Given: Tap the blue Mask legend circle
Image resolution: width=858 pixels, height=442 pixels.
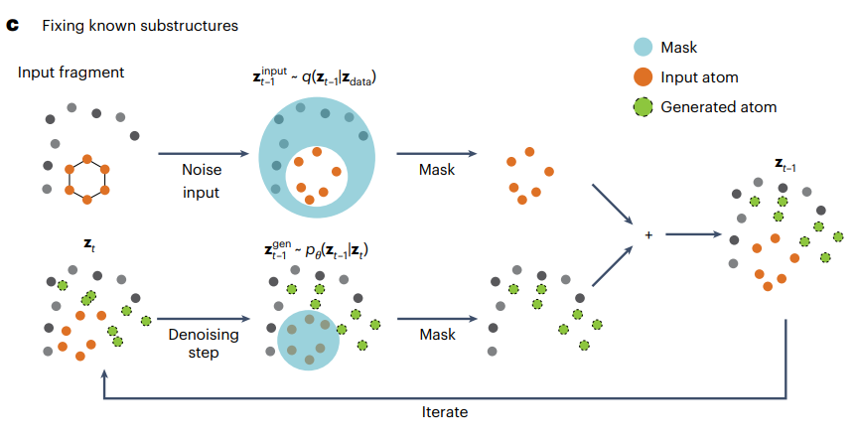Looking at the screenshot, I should pos(643,47).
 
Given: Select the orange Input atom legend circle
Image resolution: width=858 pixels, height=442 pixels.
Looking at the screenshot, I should pos(643,76).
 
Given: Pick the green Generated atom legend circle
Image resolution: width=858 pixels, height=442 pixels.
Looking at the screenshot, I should pos(643,106).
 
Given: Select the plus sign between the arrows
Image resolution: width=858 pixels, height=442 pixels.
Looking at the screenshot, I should pos(648,235).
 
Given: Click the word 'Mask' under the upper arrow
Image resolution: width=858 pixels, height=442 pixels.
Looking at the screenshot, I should pos(437,170).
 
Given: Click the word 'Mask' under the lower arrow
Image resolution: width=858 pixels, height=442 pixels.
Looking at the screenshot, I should pos(437,336).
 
